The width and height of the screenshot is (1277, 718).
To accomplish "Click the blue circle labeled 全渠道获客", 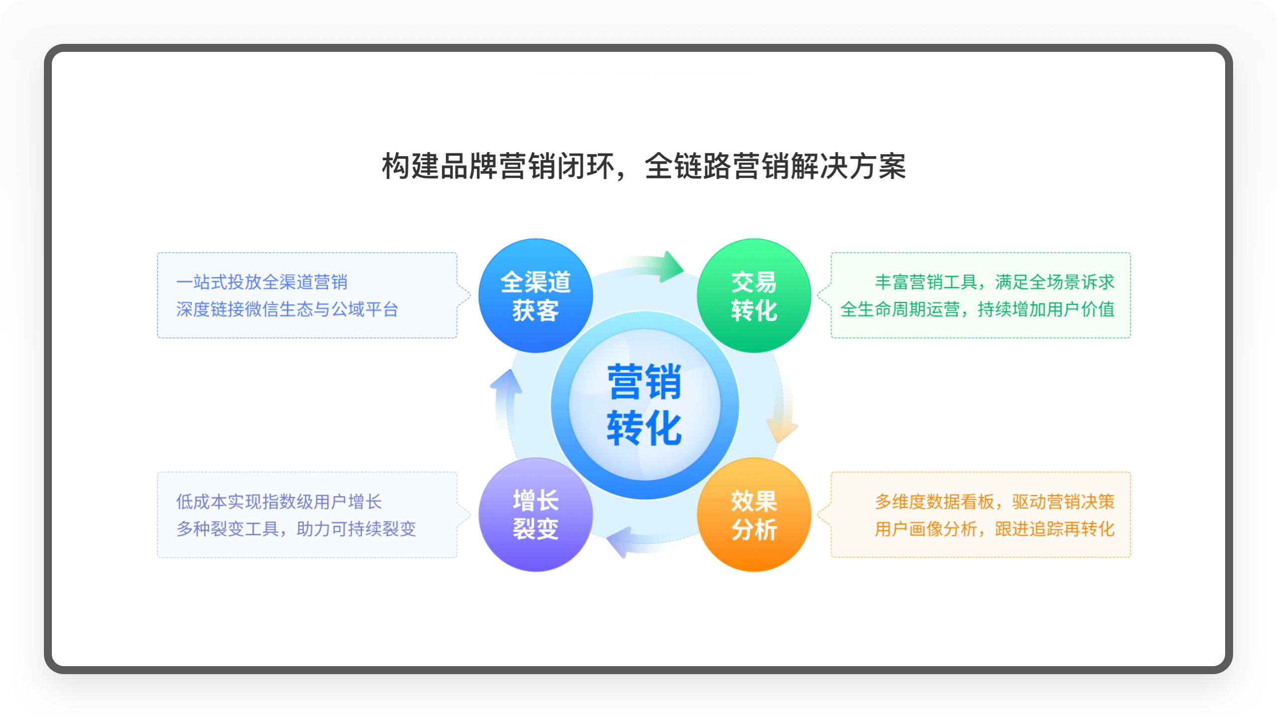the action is pyautogui.click(x=536, y=296).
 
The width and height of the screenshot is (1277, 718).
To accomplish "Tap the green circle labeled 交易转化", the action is pyautogui.click(x=754, y=296).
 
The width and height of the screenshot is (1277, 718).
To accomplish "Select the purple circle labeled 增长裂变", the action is pyautogui.click(x=536, y=515).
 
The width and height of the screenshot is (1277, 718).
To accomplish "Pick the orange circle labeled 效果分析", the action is pyautogui.click(x=754, y=515).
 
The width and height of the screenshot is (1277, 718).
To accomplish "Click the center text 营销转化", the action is pyautogui.click(x=644, y=404).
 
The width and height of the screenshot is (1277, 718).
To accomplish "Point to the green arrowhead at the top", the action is pyautogui.click(x=671, y=267).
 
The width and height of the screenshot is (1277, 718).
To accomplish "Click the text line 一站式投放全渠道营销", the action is pyautogui.click(x=262, y=282).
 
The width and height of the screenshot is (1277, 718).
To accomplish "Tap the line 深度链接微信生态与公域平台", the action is pyautogui.click(x=287, y=310).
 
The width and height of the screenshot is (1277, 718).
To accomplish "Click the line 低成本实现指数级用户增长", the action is pyautogui.click(x=279, y=502).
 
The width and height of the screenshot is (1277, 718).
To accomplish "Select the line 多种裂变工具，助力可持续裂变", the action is pyautogui.click(x=296, y=529).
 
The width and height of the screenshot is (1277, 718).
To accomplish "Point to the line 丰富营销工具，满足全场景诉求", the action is pyautogui.click(x=995, y=282).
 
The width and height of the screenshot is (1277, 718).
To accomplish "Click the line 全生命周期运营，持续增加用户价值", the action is pyautogui.click(x=978, y=310).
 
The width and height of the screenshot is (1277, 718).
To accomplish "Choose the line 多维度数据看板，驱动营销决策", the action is pyautogui.click(x=995, y=502).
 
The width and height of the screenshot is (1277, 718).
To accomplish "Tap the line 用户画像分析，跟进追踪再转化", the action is pyautogui.click(x=995, y=529).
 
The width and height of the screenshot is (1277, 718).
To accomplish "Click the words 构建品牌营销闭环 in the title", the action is pyautogui.click(x=498, y=166).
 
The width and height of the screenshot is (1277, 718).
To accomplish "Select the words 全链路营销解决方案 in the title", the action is pyautogui.click(x=775, y=166).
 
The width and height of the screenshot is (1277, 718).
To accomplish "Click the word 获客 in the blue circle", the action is pyautogui.click(x=536, y=311).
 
